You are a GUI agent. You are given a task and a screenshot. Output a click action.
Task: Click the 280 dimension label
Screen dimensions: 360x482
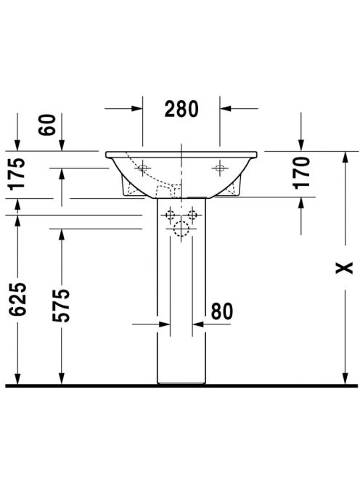pos(181,109)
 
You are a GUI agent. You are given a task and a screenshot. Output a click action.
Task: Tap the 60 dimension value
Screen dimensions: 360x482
pos(47,125)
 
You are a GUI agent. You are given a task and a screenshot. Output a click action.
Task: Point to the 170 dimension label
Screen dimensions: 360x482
pos(301,173)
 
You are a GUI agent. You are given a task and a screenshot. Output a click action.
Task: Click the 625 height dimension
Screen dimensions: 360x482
pos(17,299)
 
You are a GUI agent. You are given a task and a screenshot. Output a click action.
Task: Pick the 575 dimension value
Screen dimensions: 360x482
pos(61,306)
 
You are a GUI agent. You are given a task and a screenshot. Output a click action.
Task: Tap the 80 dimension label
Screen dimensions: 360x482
pos(222,311)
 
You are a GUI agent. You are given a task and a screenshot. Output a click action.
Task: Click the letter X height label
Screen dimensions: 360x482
pos(344,268)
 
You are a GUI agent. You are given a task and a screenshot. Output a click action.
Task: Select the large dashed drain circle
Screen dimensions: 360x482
pos(181,229)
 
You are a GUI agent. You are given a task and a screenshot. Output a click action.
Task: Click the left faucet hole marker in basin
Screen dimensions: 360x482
pos(143,168)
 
